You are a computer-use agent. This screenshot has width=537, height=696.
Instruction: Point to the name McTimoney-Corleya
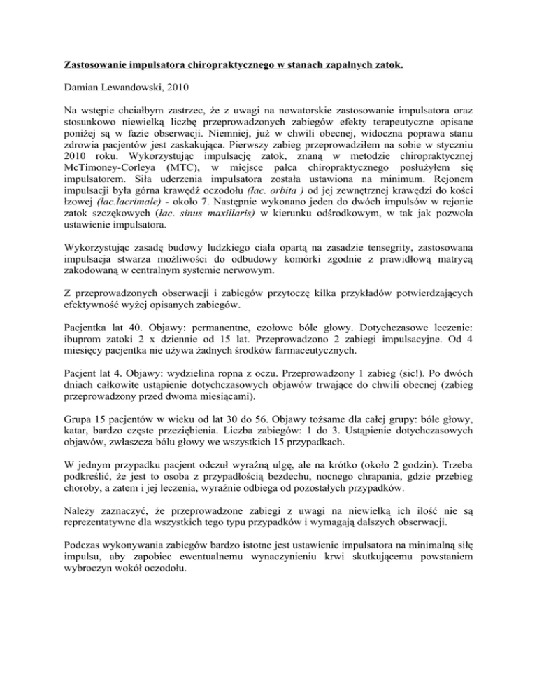[x=106, y=179]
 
